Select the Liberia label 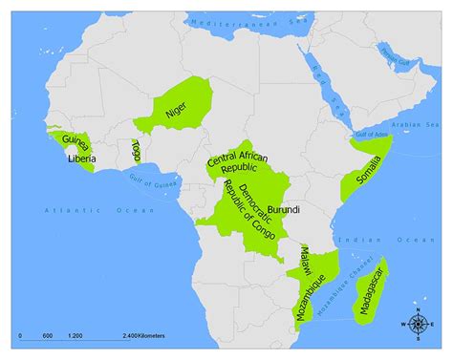point(80,159)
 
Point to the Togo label point(136,151)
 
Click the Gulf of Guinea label point(134,183)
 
